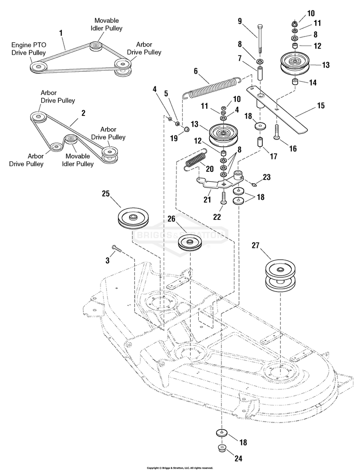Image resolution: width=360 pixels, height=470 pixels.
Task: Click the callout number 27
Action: (x=255, y=245)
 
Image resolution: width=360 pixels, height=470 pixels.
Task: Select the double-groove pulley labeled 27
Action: (x=280, y=277)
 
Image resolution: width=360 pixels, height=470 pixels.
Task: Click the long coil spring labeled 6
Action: (x=212, y=87)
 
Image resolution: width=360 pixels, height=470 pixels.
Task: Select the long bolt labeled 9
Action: (x=259, y=38)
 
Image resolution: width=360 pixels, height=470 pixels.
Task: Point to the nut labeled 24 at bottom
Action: (x=222, y=449)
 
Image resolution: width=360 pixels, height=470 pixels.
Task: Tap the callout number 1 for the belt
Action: (x=61, y=32)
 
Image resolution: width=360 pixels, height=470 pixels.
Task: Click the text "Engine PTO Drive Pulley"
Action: (x=28, y=49)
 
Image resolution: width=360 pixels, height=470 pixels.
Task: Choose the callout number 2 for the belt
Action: (x=83, y=113)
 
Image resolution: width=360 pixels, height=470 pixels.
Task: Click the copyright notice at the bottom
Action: (x=180, y=468)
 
